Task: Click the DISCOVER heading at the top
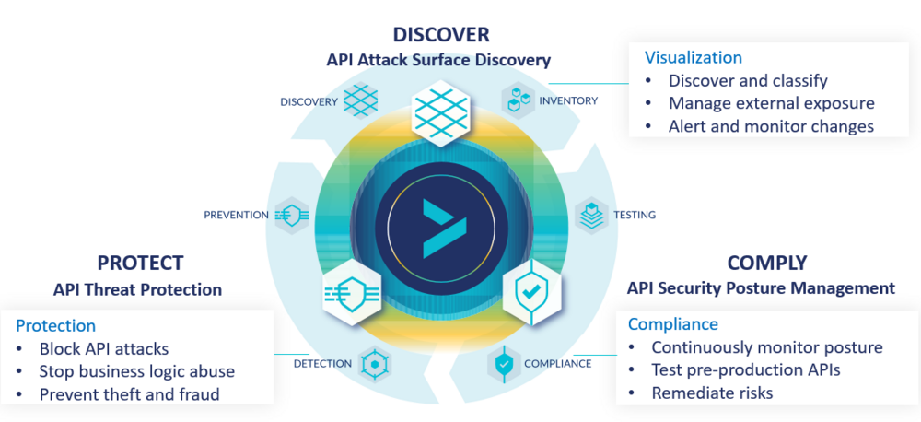440,35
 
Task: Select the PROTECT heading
140,263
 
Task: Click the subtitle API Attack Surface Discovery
438,60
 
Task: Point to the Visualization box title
693,57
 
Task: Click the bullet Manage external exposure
771,103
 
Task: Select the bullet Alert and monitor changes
771,126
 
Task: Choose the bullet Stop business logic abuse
136,371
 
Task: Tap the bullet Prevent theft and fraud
129,394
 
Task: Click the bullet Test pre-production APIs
746,370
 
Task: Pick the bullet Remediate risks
712,393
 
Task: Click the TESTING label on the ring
635,215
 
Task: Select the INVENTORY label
568,100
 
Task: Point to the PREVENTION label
236,215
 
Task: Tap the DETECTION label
322,363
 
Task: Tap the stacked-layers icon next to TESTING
591,215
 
